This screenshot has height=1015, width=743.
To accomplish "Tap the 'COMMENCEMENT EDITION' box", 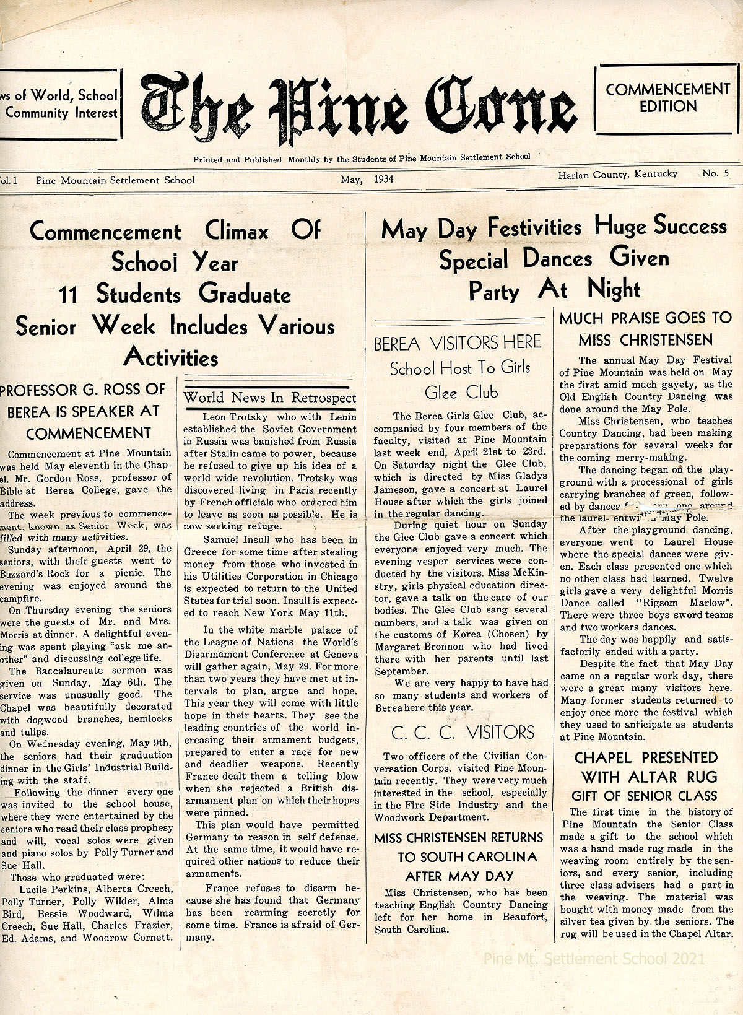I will point(668,98).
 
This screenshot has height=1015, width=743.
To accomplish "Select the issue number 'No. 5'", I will point(715,174).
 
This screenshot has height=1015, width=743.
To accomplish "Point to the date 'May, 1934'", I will point(367,180).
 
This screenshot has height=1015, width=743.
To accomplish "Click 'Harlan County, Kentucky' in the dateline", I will point(617,175).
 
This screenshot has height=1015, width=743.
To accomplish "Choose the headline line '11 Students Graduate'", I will point(175,294).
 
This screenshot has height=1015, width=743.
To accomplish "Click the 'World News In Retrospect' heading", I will point(270,398).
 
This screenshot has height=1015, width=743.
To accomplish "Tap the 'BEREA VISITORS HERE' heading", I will point(457,343).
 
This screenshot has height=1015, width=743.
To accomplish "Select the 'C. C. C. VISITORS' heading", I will point(462,733).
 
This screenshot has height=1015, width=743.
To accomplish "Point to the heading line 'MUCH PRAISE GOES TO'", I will point(645,318).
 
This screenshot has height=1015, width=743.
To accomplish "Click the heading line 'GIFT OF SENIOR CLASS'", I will point(644,796).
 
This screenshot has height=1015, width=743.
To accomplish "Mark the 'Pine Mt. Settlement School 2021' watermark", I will point(594,959).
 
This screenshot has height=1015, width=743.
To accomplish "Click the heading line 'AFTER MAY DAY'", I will point(459,876).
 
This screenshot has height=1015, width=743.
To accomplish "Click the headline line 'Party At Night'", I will point(554,290).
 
